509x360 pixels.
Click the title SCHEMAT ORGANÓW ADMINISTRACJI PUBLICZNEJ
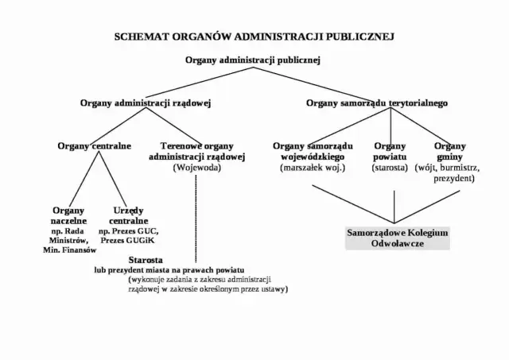254,37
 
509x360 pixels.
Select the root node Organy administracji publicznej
252,60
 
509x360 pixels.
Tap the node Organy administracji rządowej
146,103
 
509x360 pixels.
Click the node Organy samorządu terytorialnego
377,103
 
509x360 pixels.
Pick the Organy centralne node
94,146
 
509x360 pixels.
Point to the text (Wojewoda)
196,168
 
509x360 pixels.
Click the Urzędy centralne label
128,215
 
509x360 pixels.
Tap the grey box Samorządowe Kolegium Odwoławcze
397,238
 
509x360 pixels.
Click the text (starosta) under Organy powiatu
390,168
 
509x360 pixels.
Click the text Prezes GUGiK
128,239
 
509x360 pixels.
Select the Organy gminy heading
449,151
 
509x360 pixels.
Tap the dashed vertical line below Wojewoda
196,215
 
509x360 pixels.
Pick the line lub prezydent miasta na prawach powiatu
170,269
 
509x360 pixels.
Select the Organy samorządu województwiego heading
313,151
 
